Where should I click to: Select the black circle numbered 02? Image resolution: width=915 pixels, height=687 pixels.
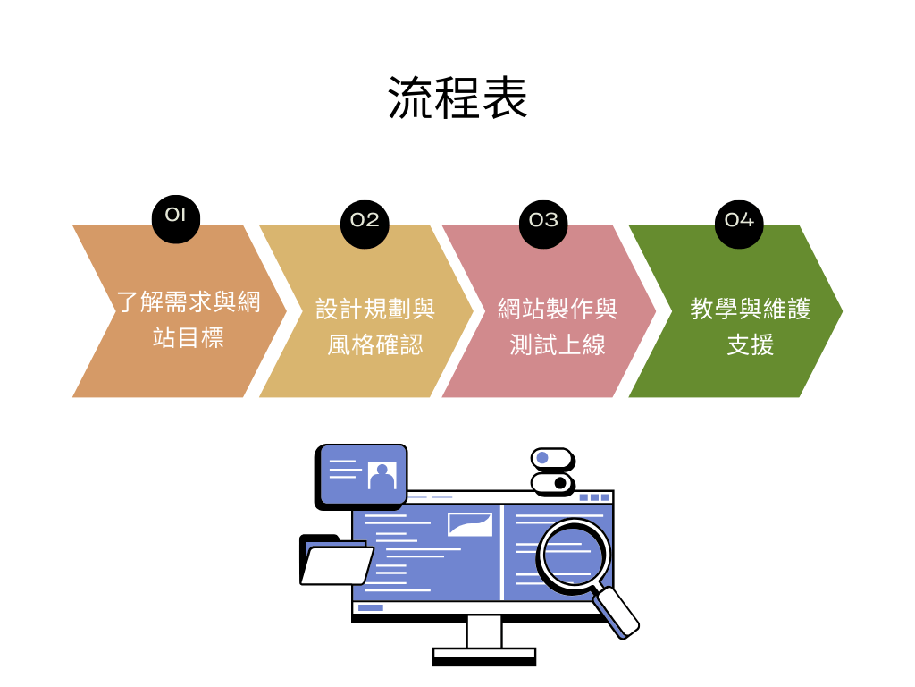click(365, 221)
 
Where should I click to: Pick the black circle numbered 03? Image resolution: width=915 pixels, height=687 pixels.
click(543, 221)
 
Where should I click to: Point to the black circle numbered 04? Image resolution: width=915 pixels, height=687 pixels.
click(739, 221)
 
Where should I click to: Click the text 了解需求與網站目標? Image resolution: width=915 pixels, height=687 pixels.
click(189, 319)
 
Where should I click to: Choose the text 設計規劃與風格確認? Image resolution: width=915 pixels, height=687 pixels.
click(375, 327)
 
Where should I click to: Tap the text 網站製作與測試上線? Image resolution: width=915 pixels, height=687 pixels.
click(558, 327)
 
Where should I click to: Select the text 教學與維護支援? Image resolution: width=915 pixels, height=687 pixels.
click(750, 327)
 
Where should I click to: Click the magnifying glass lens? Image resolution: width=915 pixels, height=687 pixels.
click(573, 555)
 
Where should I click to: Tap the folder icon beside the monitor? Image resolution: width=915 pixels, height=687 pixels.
click(335, 562)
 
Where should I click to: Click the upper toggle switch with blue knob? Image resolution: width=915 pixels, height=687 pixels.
click(552, 459)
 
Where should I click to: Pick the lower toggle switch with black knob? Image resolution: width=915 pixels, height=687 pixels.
click(552, 483)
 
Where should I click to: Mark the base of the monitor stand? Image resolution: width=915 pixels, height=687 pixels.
click(484, 657)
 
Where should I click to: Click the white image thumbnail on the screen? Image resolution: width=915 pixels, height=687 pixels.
click(470, 523)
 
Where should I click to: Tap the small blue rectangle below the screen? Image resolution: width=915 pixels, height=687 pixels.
click(371, 608)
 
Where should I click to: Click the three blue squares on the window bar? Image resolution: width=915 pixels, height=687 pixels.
click(594, 497)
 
